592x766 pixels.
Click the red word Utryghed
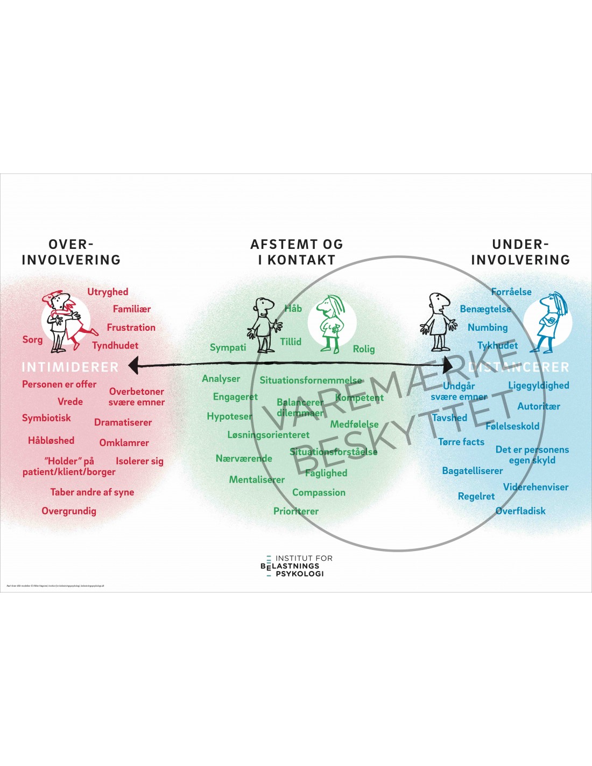[108, 292]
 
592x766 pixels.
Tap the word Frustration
[131, 328]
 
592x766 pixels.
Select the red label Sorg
[32, 339]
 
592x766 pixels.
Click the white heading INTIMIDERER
[70, 367]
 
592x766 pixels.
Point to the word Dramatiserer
[123, 422]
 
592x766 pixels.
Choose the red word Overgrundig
[69, 511]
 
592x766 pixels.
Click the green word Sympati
[228, 347]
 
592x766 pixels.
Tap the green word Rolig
[364, 349]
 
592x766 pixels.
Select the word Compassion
[319, 492]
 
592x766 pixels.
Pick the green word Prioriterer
[296, 511]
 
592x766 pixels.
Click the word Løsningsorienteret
[268, 435]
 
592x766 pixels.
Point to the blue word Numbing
[488, 328]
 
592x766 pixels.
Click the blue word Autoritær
[538, 407]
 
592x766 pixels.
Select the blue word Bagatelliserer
[472, 471]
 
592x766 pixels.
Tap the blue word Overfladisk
[520, 511]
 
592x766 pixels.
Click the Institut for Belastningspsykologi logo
[296, 566]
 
